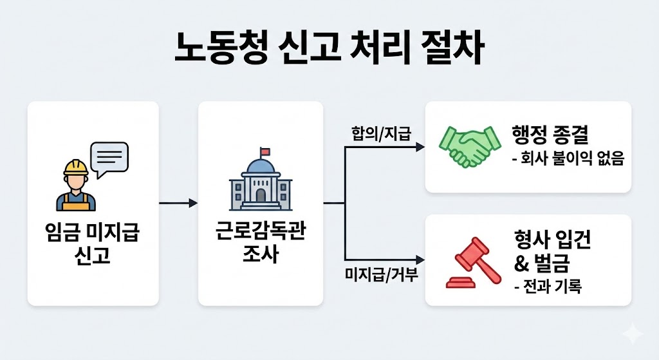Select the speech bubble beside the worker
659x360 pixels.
[x=109, y=158]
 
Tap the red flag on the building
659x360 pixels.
[x=265, y=152]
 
